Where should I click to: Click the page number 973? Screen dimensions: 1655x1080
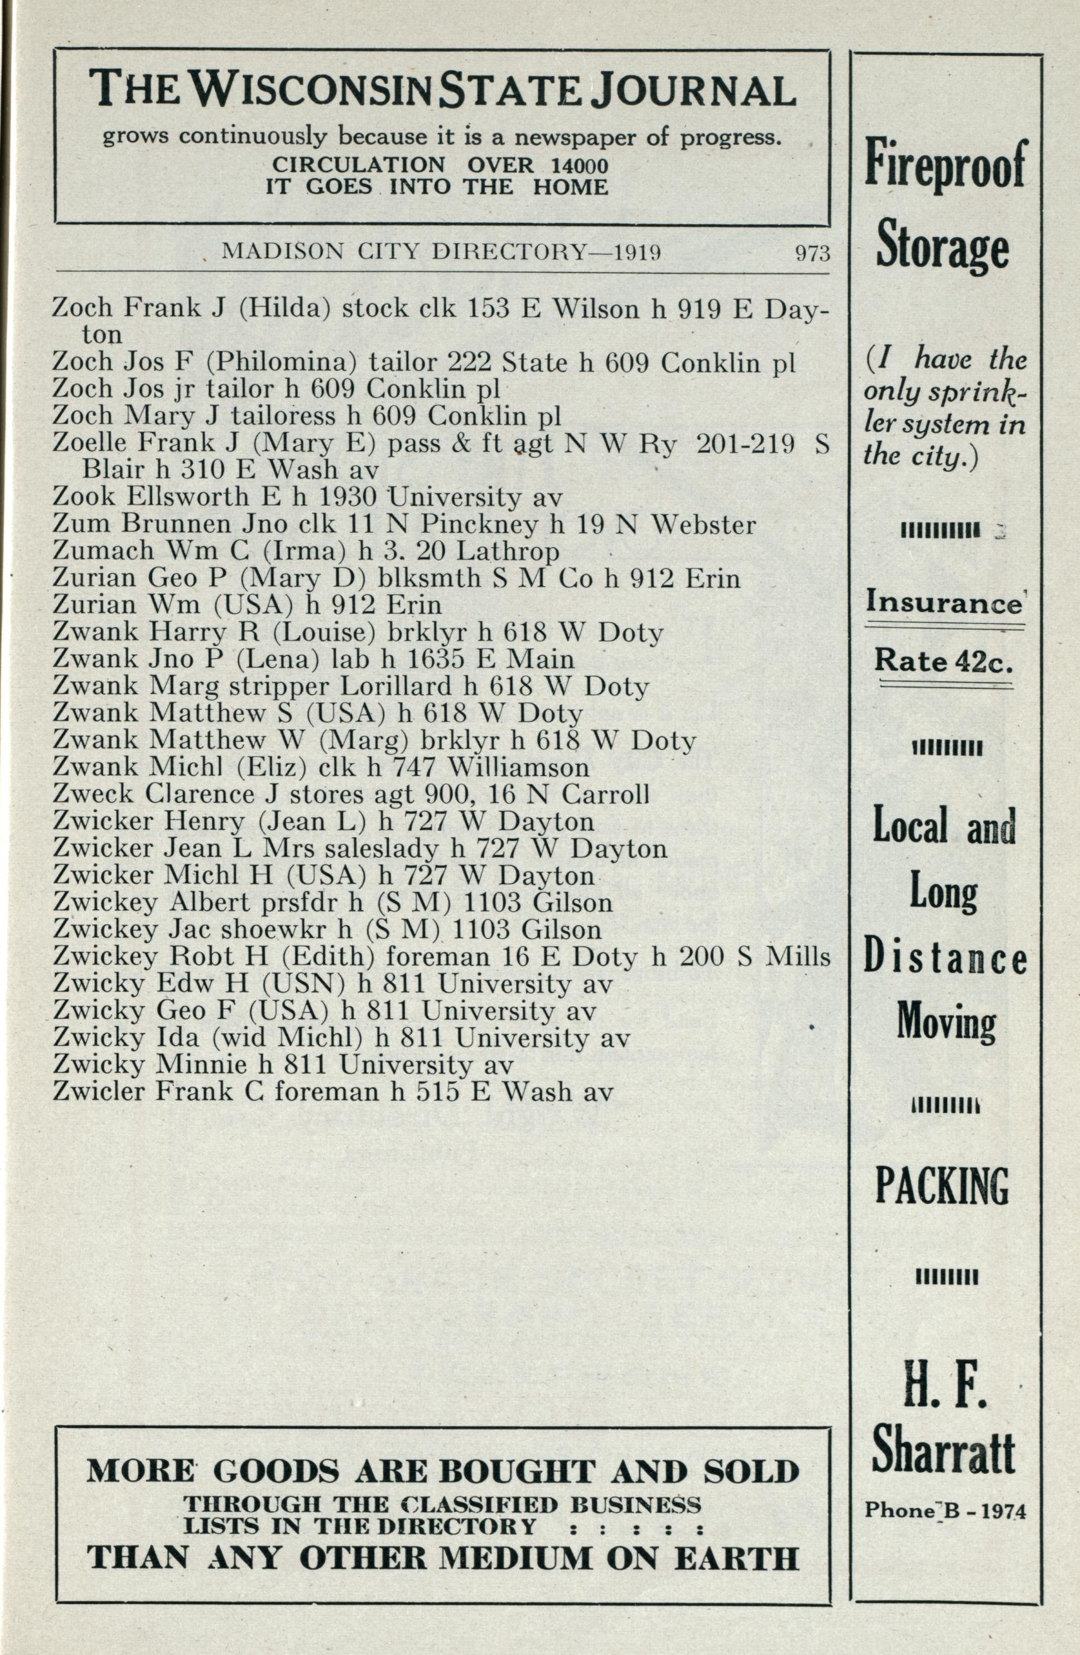(812, 254)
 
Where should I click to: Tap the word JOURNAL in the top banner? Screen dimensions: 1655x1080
(693, 91)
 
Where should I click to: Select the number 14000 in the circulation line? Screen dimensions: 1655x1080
(578, 166)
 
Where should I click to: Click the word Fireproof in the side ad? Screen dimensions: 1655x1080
(945, 164)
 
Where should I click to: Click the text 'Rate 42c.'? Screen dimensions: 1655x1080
(943, 660)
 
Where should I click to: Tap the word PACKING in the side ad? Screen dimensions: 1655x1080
(942, 1186)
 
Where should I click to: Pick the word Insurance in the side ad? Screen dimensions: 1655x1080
(943, 601)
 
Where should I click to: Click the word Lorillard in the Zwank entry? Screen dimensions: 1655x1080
(395, 686)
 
